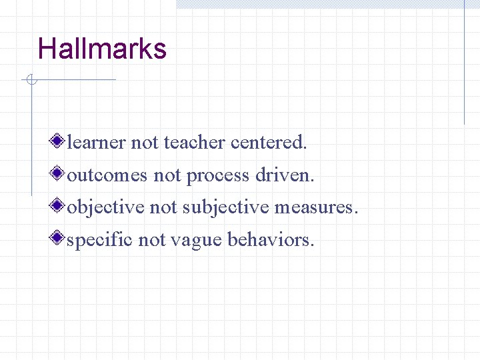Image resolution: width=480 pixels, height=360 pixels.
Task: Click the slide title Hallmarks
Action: click(102, 49)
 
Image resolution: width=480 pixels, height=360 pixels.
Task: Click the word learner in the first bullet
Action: click(97, 142)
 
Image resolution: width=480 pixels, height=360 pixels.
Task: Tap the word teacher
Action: click(195, 142)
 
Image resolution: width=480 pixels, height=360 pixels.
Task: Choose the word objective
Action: click(105, 207)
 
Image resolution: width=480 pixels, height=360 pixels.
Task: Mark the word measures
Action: click(316, 207)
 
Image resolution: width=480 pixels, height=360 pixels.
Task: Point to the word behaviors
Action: click(271, 239)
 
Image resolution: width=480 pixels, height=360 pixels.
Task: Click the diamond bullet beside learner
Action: click(59, 141)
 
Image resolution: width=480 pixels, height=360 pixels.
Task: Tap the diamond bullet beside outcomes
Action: click(59, 174)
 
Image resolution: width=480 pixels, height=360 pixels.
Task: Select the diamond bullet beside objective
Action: click(59, 206)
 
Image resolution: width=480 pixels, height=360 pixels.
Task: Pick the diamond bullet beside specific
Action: click(59, 238)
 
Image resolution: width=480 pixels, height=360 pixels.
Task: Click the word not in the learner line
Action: click(145, 142)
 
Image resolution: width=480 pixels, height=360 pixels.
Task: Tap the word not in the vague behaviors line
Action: click(152, 239)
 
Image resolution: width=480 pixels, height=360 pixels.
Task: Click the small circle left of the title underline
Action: click(30, 81)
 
